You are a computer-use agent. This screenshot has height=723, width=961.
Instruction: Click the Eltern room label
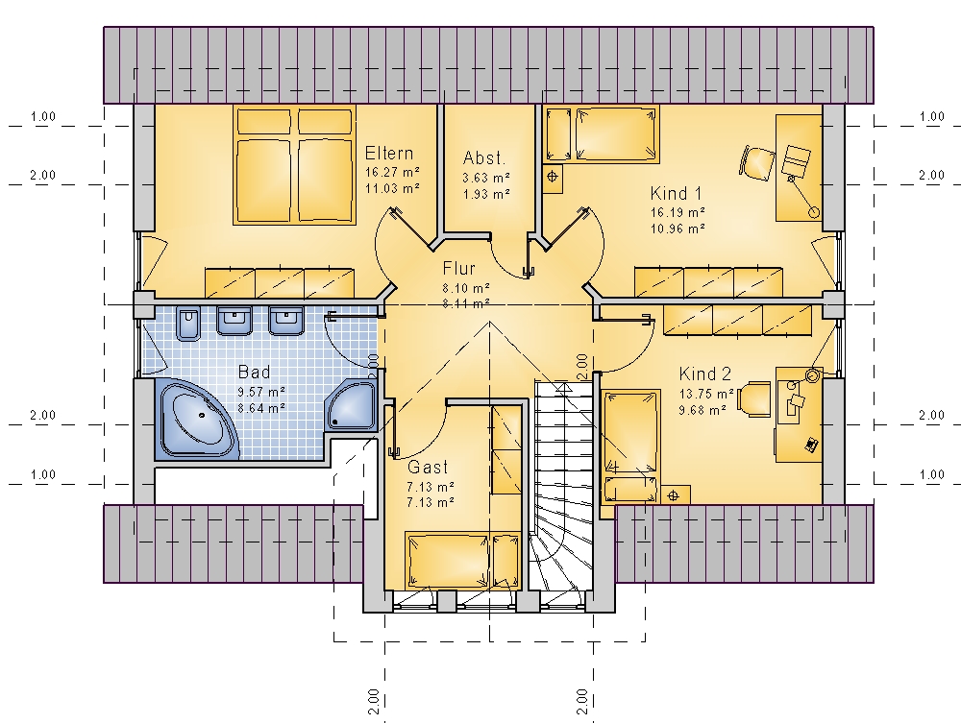coord(389,153)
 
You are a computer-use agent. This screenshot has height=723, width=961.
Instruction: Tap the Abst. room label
coord(484,157)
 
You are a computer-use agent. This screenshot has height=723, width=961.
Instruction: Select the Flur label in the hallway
coord(459,268)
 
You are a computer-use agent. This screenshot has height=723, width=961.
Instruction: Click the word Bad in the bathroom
coord(254,372)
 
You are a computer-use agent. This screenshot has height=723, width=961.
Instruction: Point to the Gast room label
coord(428,467)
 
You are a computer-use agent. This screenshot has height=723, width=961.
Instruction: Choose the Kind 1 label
coord(676,193)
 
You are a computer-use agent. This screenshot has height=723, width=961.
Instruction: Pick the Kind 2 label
coord(704,374)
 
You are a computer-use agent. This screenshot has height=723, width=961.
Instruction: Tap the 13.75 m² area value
coord(706,394)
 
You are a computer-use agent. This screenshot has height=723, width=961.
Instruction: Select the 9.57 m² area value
coord(261,392)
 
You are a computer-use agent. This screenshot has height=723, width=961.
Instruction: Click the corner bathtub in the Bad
coord(197,420)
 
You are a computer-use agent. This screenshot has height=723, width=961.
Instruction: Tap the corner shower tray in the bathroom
coord(351,404)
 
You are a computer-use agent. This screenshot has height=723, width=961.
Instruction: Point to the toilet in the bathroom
coord(187,324)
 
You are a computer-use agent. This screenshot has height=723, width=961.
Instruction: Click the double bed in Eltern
coord(294,165)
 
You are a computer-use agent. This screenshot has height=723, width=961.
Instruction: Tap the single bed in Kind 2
coord(632,446)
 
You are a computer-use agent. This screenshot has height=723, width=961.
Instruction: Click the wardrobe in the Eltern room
coord(280,283)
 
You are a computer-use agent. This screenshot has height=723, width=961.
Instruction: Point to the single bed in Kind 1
coord(617,135)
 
